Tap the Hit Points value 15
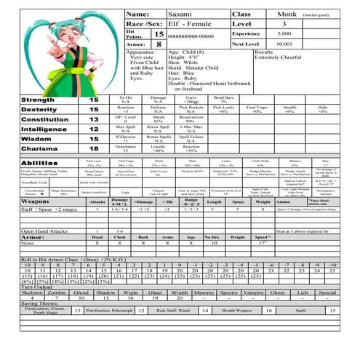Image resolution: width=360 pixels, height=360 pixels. point(159,34)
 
